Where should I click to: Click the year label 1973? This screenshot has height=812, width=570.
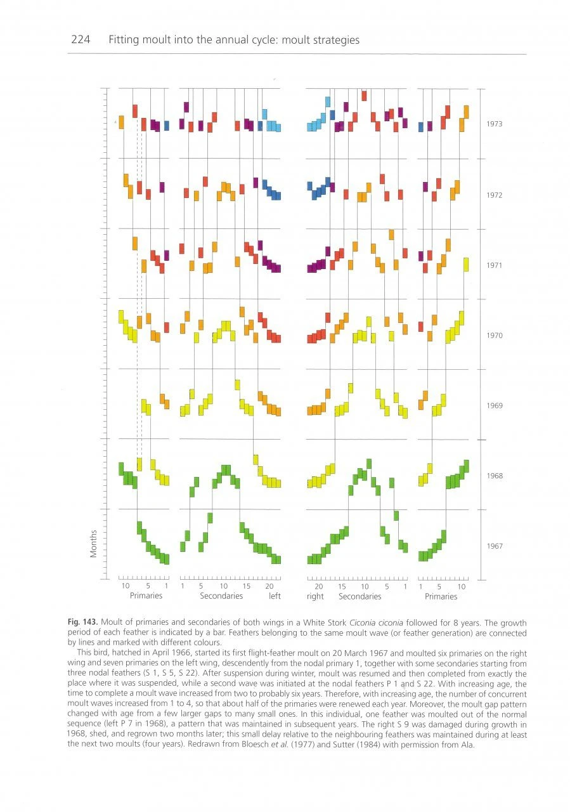pos(494,124)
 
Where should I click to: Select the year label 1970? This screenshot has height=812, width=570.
pos(494,336)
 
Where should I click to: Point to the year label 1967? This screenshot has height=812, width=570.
pos(494,546)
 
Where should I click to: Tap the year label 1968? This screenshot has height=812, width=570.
pos(494,476)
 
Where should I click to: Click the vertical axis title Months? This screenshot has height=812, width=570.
pos(94,544)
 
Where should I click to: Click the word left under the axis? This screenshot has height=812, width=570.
pos(274,596)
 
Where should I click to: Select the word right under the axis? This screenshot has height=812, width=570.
pos(315,596)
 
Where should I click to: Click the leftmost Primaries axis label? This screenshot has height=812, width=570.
pos(146,596)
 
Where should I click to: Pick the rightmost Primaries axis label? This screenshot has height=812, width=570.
pos(441,596)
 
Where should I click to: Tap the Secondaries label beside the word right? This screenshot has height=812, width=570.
pos(359,596)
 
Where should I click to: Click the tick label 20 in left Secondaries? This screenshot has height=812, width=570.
pos(268,586)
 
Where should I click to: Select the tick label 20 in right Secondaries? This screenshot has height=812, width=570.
pos(319,586)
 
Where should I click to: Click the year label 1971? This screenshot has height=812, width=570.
pos(494,265)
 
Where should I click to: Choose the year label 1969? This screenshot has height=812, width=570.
pos(494,405)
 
